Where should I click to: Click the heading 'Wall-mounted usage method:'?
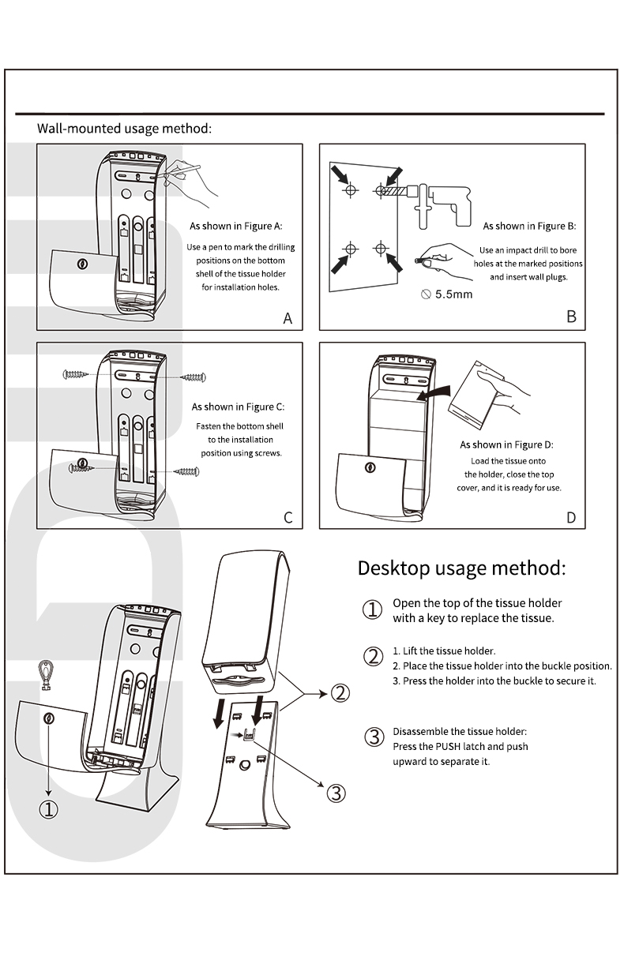pyautogui.click(x=124, y=128)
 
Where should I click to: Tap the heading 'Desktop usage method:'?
pyautogui.click(x=461, y=568)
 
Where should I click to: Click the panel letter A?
pyautogui.click(x=288, y=319)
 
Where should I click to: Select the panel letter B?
pyautogui.click(x=571, y=317)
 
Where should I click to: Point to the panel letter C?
pyautogui.click(x=288, y=518)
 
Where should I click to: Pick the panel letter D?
pyautogui.click(x=571, y=518)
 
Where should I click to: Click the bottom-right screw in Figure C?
pyautogui.click(x=187, y=472)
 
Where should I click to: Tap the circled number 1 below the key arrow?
pyautogui.click(x=49, y=809)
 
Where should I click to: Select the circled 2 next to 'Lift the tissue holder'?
pyautogui.click(x=373, y=657)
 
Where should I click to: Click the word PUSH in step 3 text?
pyautogui.click(x=448, y=747)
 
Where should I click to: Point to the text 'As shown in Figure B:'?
pyautogui.click(x=529, y=226)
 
